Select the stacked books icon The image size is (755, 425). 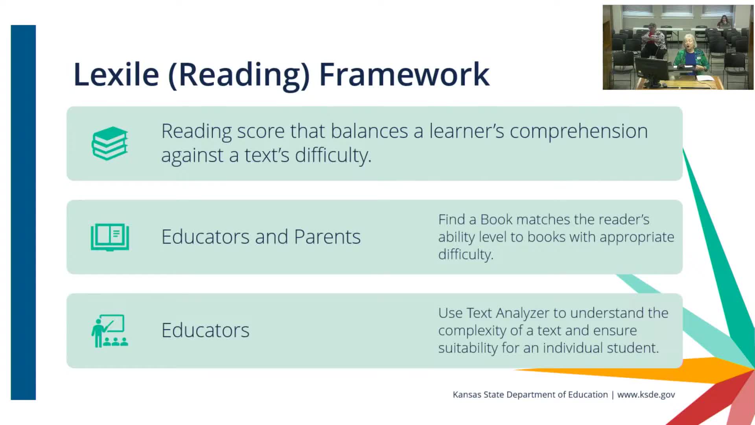pos(110,143)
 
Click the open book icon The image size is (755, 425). pos(110,237)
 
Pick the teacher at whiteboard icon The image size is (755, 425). pos(110,331)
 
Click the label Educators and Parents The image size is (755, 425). pos(261,237)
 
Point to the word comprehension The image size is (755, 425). pos(578,132)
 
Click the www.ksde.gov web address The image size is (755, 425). pos(646,395)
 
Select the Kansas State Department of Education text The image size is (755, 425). pos(530,395)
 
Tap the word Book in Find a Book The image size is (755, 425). pos(497,219)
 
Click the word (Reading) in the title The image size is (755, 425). pos(239,75)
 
